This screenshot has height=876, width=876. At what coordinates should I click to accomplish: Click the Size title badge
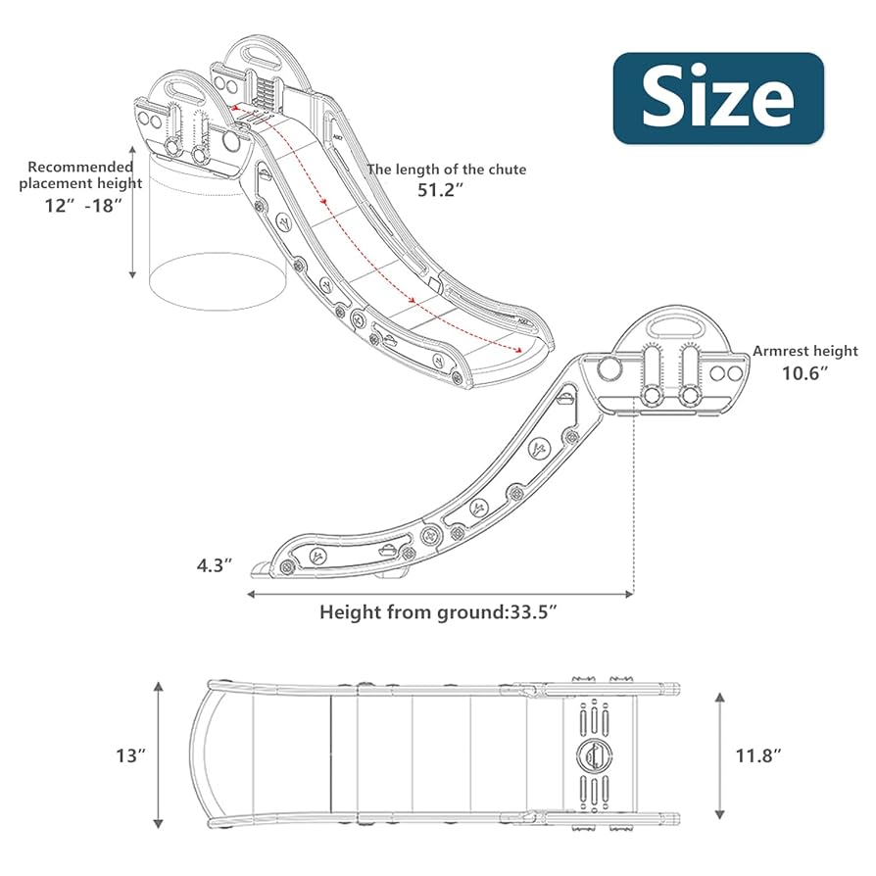pyautogui.click(x=718, y=98)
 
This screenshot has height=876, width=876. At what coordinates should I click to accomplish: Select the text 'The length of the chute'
pyautogui.click(x=446, y=170)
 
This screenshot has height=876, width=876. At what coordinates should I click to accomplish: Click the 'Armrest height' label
pyautogui.click(x=804, y=351)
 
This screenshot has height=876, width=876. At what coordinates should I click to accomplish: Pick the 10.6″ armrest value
pyautogui.click(x=804, y=372)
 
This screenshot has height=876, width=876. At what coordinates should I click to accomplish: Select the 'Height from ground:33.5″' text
pyautogui.click(x=439, y=612)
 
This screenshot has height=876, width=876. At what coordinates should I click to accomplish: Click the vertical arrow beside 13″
pyautogui.click(x=159, y=754)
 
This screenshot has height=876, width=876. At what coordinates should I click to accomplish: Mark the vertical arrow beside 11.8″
pyautogui.click(x=721, y=754)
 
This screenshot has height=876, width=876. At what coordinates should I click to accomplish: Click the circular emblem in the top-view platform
pyautogui.click(x=593, y=754)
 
